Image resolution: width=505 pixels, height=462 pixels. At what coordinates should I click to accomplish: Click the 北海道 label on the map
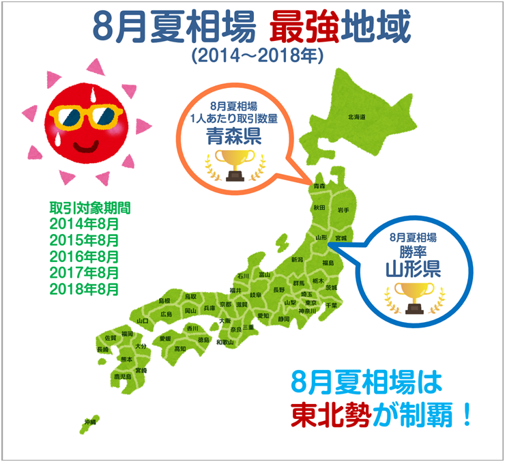(x=356, y=117)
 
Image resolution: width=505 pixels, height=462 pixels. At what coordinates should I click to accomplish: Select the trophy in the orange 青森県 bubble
(x=234, y=164)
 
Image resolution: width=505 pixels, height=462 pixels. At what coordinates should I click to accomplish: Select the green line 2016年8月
(x=84, y=257)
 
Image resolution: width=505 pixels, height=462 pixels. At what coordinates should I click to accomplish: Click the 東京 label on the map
(x=311, y=303)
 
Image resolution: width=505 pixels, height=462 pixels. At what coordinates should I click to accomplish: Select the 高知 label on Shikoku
(x=179, y=349)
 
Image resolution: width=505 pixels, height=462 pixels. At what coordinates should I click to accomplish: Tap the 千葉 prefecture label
(x=331, y=305)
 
